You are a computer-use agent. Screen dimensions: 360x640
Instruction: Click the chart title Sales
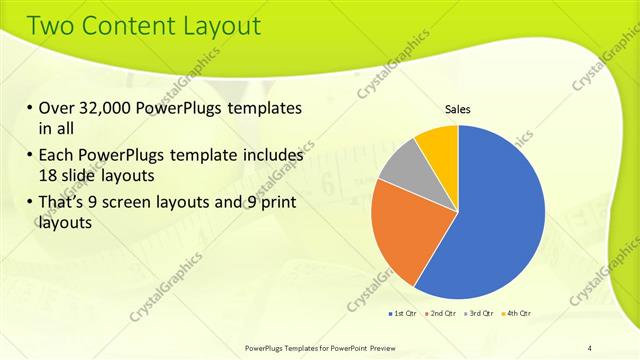pos(457,109)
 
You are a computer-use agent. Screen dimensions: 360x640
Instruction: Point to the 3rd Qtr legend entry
pos(478,314)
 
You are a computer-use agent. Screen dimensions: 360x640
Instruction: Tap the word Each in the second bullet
pos(56,155)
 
